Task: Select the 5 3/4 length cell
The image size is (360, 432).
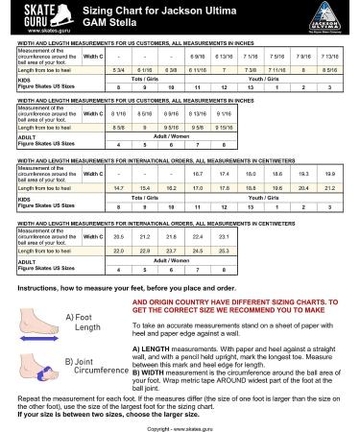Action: pyautogui.click(x=118, y=70)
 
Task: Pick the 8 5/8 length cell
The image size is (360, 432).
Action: pyautogui.click(x=118, y=127)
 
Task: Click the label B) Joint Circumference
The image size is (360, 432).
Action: pyautogui.click(x=93, y=365)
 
